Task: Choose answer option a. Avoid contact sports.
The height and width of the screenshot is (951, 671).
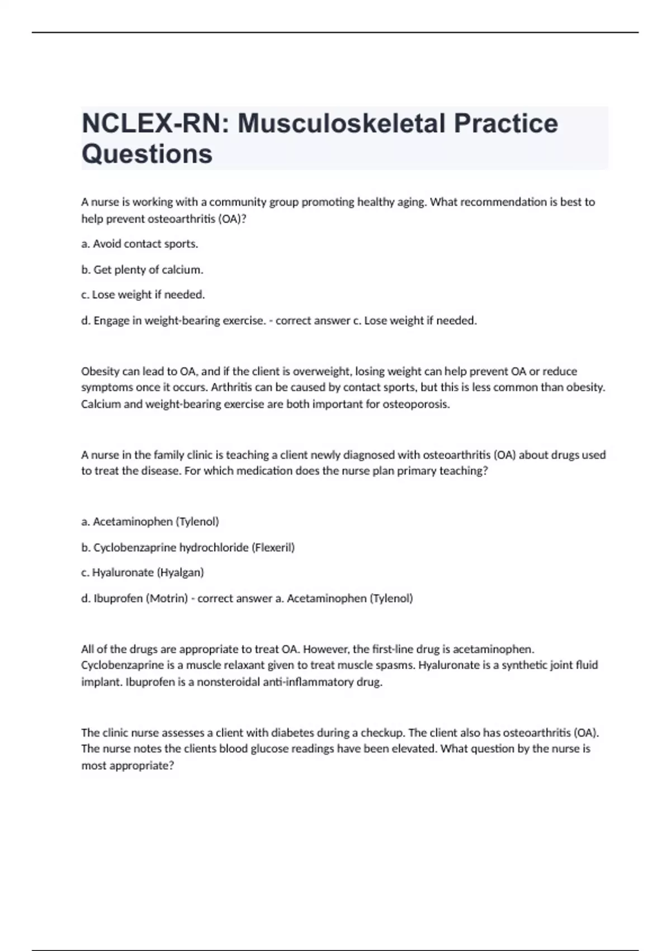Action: click(x=140, y=244)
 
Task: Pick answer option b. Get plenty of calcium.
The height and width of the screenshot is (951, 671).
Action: click(x=142, y=270)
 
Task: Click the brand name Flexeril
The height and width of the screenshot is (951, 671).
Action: click(x=273, y=547)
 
